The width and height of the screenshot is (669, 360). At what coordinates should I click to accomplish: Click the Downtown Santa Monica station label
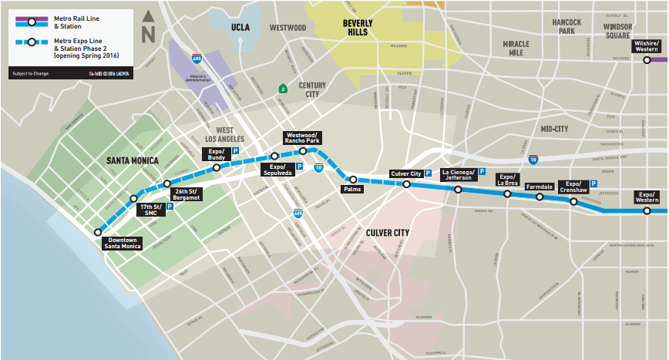point(123,244)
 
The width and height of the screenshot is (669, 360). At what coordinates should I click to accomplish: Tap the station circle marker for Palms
point(354,180)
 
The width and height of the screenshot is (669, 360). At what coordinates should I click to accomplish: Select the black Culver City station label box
point(406,174)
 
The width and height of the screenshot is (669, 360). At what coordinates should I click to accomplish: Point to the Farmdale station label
point(539,186)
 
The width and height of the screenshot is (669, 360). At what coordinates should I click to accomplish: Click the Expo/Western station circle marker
point(647,210)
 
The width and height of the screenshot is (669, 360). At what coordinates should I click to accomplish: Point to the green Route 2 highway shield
point(283,88)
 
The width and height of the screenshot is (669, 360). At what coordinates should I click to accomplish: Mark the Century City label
point(313,89)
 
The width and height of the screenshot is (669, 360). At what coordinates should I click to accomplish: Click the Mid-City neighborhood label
point(553,129)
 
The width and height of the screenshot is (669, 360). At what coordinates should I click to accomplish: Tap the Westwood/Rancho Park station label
point(302,137)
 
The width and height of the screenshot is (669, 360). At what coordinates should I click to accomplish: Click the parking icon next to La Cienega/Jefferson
point(482,171)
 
